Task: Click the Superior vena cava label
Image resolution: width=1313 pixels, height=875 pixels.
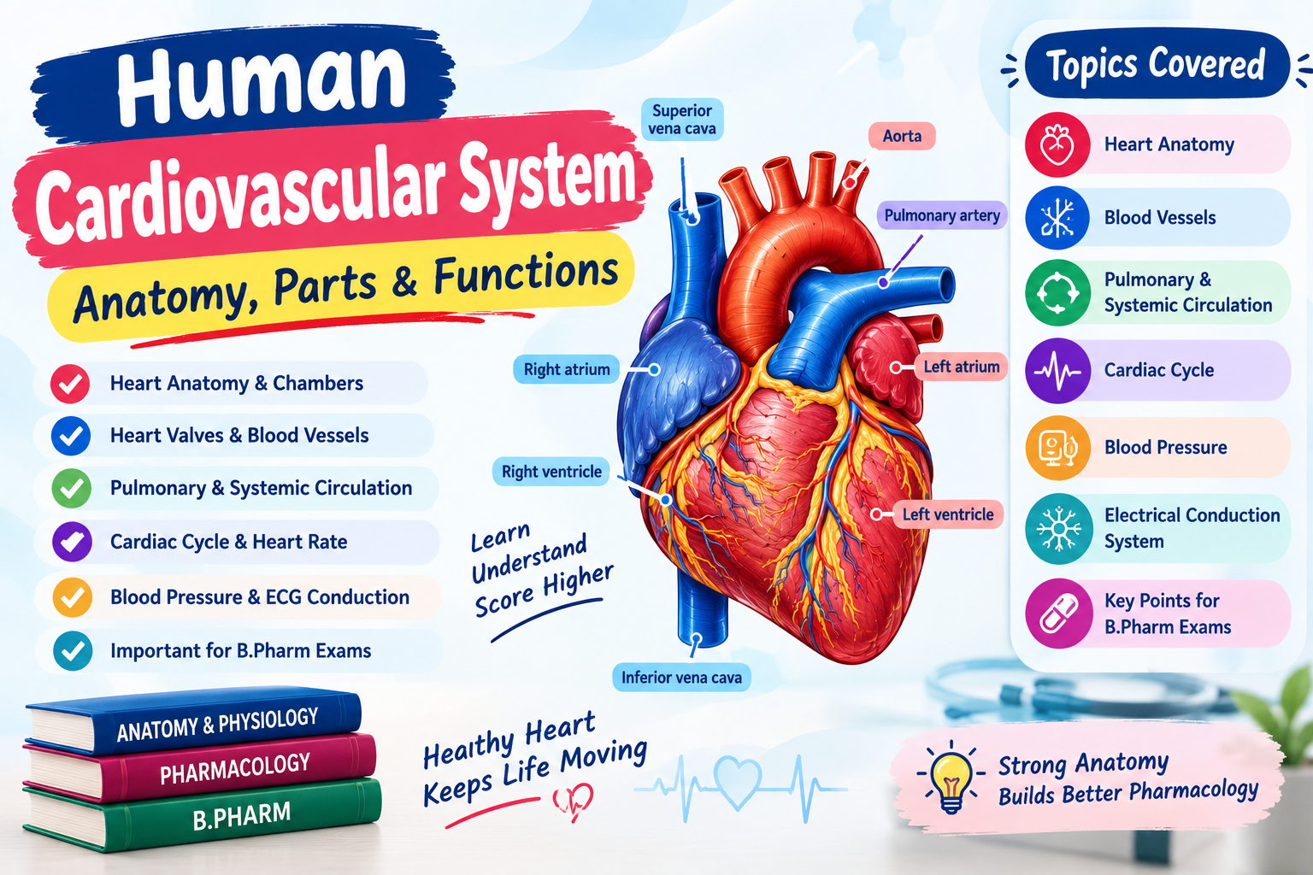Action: (x=681, y=120)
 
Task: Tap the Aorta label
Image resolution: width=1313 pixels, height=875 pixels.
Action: (x=902, y=136)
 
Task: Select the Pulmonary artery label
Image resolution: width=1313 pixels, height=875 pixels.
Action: (x=942, y=215)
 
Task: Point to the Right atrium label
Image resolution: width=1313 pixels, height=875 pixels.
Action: (x=566, y=369)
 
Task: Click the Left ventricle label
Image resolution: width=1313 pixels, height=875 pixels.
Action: (x=948, y=514)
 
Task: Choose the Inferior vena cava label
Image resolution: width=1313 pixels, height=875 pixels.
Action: (x=681, y=678)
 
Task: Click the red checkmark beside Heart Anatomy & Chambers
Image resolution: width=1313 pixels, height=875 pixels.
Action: (x=70, y=384)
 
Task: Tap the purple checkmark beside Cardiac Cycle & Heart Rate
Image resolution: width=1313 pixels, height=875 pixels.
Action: (x=72, y=542)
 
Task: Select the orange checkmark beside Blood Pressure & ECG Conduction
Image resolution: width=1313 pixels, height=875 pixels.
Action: (x=72, y=597)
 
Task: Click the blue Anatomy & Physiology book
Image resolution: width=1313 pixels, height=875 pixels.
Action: (x=193, y=722)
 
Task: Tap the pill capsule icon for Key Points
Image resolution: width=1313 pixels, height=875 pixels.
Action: (x=1058, y=613)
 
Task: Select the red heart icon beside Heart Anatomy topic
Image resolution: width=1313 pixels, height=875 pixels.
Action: (x=1057, y=144)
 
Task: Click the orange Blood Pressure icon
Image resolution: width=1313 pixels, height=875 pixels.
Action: (x=1058, y=449)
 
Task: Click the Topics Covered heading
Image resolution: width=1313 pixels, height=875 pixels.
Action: (x=1156, y=64)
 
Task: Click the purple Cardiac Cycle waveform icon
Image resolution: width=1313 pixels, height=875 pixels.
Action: (x=1057, y=370)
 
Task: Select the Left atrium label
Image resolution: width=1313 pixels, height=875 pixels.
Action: (x=962, y=367)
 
